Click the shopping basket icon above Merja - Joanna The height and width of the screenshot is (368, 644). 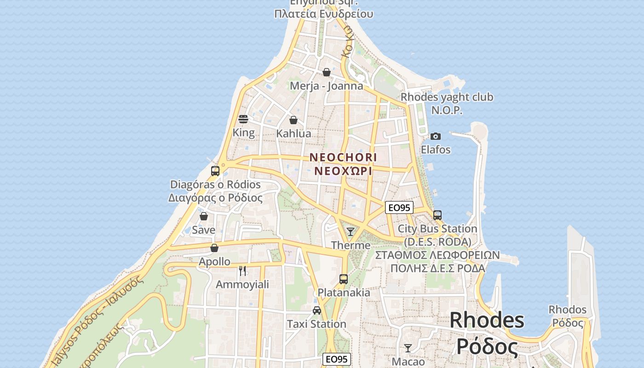pos(327,72)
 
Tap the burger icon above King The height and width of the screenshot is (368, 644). pos(243,119)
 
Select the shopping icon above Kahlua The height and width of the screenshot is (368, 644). pos(293,120)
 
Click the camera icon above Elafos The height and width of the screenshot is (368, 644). pos(436,136)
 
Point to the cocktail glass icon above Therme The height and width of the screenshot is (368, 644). pos(351,231)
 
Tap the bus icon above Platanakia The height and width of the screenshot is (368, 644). pos(344,279)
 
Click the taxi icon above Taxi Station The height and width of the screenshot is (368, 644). pos(317,310)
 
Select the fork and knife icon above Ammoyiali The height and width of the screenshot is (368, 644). pos(242,270)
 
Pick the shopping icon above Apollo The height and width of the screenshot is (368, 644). pos(214,248)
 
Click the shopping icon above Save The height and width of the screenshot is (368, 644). pos(204,216)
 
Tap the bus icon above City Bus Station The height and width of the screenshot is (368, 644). pos(437,215)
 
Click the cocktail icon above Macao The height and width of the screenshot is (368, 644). pos(408,348)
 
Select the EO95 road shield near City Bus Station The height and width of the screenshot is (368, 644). pos(399,207)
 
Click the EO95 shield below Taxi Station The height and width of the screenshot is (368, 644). pos(337,359)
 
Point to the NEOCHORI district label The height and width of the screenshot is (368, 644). pos(343,157)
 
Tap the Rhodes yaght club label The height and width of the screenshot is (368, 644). pos(447,97)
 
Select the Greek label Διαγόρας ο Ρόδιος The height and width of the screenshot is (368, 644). pos(215,198)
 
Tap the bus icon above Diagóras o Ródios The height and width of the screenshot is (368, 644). pos(215,171)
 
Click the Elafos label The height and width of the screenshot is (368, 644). pos(436,150)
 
